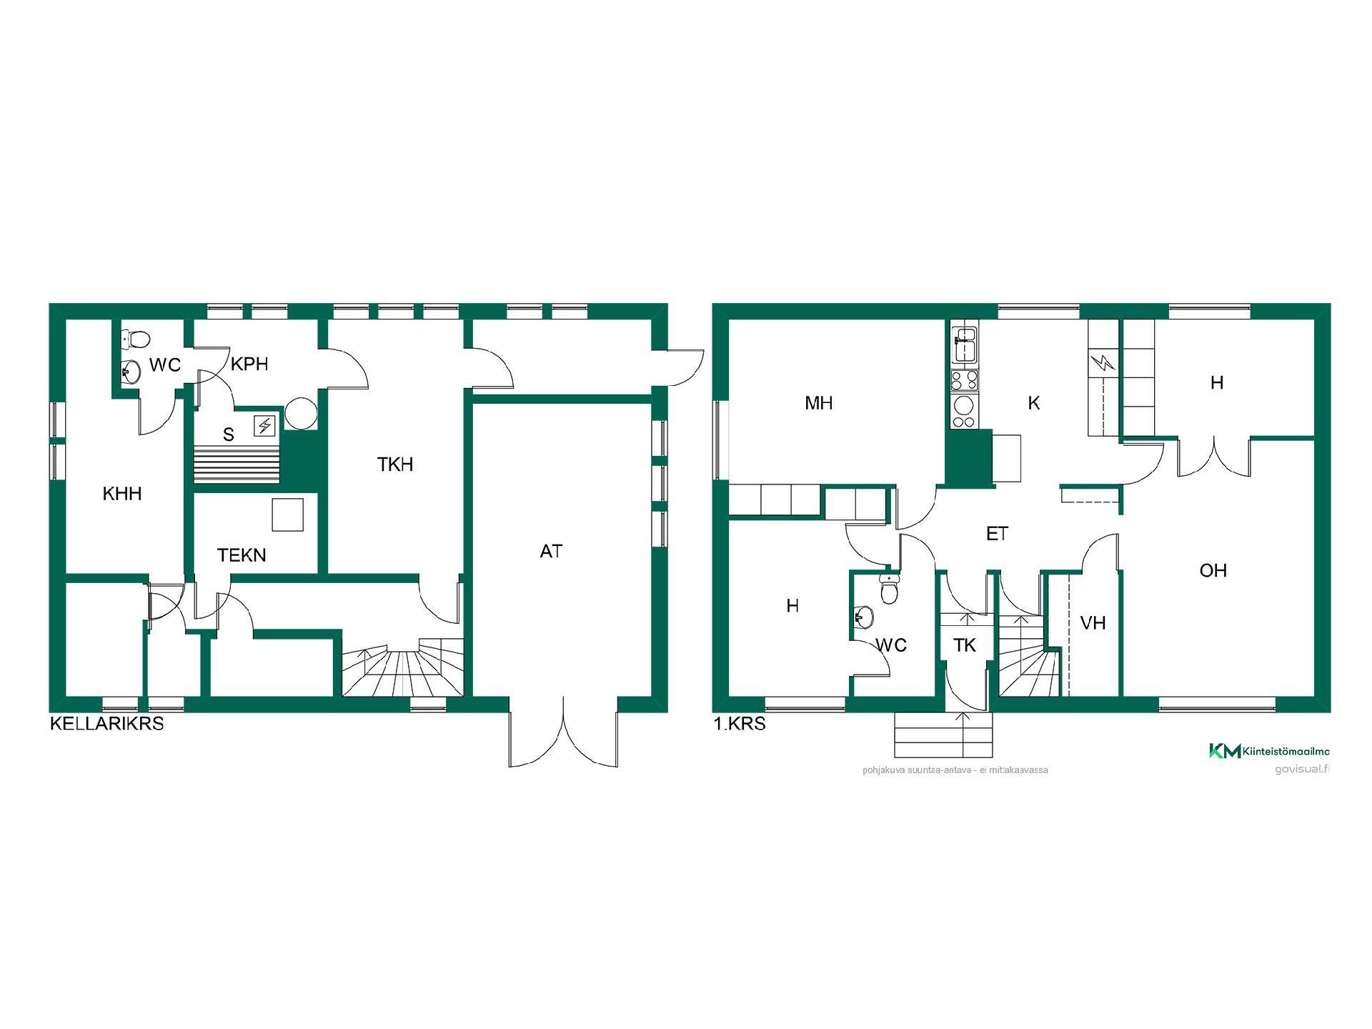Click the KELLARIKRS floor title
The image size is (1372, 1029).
click(106, 724)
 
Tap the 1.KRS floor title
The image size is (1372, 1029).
click(740, 724)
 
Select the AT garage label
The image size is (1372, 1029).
click(551, 551)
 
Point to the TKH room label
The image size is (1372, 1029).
click(395, 464)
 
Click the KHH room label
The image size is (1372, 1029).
click(122, 494)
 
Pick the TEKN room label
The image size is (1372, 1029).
click(242, 555)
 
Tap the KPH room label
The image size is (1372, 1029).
click(249, 364)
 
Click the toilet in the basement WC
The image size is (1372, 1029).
click(136, 337)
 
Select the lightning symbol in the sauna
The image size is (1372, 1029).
click(265, 427)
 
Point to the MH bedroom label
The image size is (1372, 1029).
click(819, 403)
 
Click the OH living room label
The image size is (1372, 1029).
click(1213, 570)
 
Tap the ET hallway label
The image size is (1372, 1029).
click(997, 534)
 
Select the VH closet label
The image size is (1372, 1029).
click(1093, 623)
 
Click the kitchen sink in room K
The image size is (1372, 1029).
click(965, 344)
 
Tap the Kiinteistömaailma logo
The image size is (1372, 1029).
click(1269, 751)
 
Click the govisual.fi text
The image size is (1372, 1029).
click(1302, 770)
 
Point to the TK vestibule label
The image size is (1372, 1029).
click(965, 645)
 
